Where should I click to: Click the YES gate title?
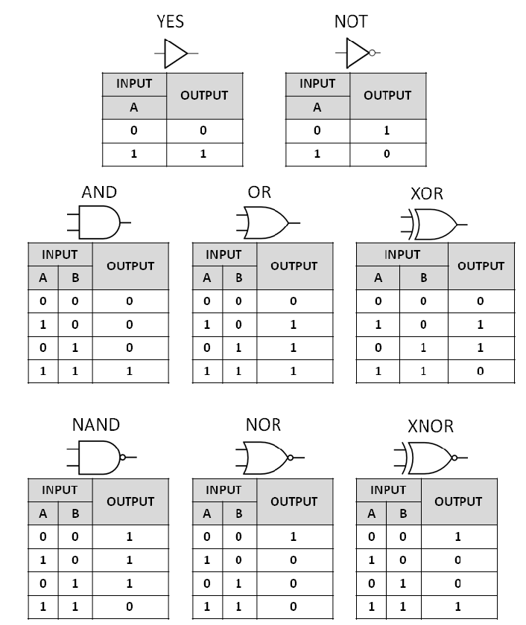(170, 22)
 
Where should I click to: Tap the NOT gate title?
(350, 22)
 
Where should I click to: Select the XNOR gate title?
(430, 426)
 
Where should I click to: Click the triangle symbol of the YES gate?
(176, 54)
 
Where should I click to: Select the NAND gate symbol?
(98, 457)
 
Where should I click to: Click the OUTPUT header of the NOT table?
(387, 95)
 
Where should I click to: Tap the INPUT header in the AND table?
(60, 254)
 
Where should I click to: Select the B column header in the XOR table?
(423, 278)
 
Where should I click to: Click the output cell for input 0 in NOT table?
(387, 130)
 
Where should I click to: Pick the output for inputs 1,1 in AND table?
(130, 371)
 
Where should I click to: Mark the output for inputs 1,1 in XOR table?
(480, 371)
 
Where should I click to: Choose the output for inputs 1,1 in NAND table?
(130, 607)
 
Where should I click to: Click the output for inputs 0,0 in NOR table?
(294, 536)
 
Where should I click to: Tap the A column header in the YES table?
(134, 107)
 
